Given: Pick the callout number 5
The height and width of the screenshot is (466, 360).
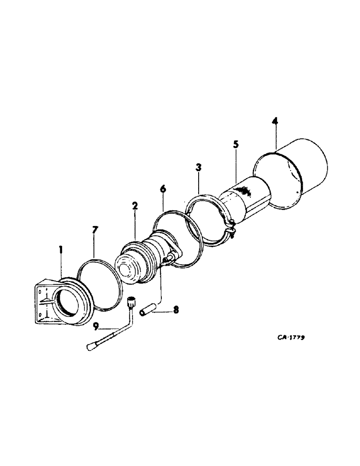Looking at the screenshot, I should click(x=236, y=144).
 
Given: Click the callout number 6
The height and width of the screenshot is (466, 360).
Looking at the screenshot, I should click(x=162, y=190).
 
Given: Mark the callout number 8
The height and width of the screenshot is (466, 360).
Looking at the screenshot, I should click(x=175, y=308).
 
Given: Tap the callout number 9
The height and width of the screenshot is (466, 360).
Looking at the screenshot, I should click(x=95, y=327).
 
